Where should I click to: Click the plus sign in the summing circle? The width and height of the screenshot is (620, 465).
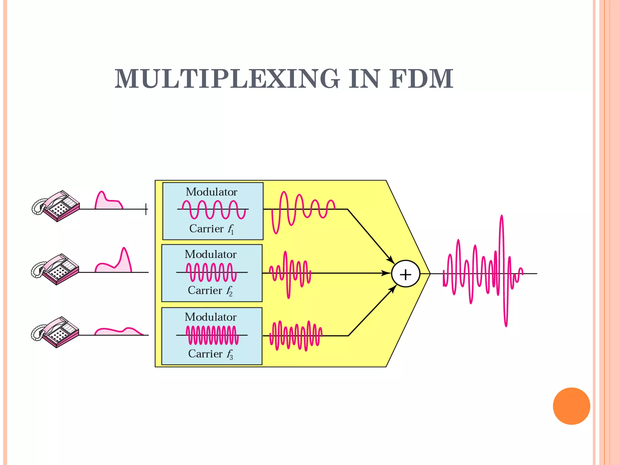(405, 275)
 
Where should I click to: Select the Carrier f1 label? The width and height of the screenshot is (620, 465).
(211, 229)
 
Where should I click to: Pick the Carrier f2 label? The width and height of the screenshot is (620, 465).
(210, 291)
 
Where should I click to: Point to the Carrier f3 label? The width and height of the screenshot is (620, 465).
(210, 354)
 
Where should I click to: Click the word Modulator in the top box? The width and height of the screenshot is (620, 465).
(211, 192)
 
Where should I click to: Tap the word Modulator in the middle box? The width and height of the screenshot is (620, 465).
(210, 254)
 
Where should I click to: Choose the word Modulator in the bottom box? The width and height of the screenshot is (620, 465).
(210, 317)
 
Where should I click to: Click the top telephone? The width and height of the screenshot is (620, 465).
(56, 206)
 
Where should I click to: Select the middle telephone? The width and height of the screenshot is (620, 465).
(55, 269)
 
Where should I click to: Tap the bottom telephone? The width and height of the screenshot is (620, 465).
(55, 332)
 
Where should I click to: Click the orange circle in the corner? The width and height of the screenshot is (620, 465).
(571, 406)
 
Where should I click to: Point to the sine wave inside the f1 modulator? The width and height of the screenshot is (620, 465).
(214, 209)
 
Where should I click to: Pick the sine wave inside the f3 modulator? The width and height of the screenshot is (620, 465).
(212, 335)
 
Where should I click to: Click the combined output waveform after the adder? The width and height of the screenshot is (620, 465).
(483, 272)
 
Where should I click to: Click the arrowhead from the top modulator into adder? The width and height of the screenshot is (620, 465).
(391, 260)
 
